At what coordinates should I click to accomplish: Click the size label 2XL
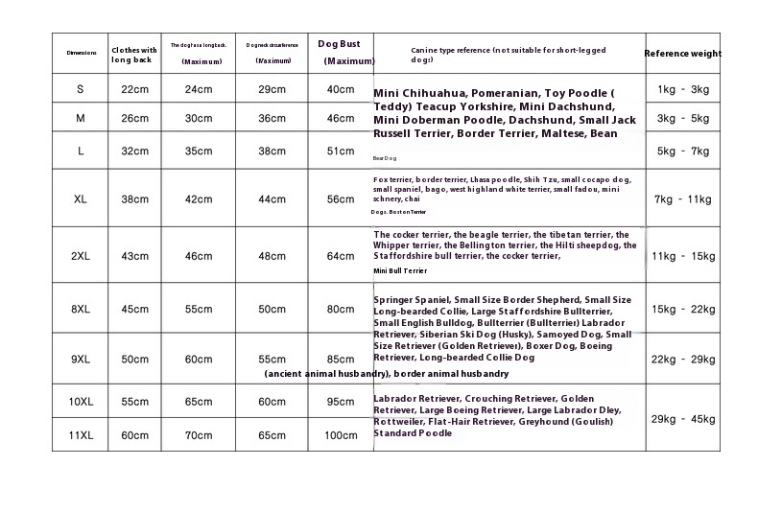tap(81, 256)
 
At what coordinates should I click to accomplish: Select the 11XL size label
tap(81, 435)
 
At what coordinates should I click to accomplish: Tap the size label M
tap(81, 118)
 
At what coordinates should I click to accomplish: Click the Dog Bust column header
tap(339, 44)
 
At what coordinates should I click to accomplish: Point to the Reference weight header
tap(682, 54)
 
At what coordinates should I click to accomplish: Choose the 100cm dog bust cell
tap(340, 435)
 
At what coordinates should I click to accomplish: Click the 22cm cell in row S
tap(134, 89)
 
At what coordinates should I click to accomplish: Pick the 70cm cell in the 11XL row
tap(199, 435)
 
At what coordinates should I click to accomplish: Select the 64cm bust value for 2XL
tap(340, 256)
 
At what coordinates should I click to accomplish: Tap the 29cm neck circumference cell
tap(272, 89)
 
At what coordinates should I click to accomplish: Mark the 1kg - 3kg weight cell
tap(683, 89)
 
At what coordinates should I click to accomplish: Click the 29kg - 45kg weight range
tap(683, 419)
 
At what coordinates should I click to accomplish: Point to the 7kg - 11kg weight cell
tap(683, 199)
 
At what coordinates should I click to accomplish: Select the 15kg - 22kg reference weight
tap(683, 309)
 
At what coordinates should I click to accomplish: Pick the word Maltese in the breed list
tap(559, 133)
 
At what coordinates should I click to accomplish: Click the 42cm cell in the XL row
tap(199, 199)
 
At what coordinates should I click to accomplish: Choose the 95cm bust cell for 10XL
tap(340, 402)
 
